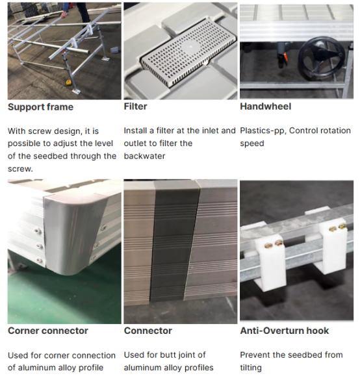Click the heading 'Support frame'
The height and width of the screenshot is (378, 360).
40,107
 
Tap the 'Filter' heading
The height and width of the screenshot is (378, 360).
135,107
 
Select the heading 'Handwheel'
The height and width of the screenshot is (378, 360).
266,107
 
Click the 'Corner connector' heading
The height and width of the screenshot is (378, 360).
47,331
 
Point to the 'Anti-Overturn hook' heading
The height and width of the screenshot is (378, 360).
285,331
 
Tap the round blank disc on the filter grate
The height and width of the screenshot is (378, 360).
190,47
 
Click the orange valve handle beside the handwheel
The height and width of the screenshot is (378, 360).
286,57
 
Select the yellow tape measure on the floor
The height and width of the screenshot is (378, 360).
70,82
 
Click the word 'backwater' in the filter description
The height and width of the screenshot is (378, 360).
144,157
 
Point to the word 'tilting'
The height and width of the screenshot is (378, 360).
251,368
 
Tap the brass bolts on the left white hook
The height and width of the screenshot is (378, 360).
274,245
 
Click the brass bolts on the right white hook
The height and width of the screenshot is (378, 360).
337,228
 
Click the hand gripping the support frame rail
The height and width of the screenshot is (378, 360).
63,15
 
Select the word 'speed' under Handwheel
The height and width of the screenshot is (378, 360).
252,144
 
